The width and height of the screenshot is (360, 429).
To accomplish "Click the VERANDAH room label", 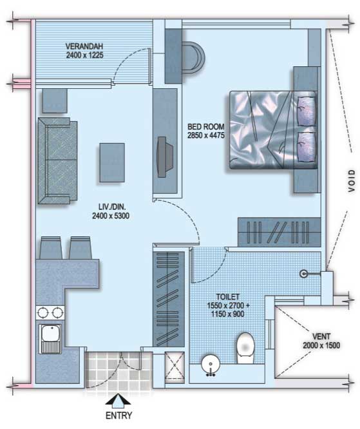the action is pos(84,46).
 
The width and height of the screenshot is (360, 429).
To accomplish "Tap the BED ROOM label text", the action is pos(205,127).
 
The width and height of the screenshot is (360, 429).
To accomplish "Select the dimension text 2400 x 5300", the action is pos(111,216).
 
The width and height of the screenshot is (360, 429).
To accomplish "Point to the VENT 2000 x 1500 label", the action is pos(321,341).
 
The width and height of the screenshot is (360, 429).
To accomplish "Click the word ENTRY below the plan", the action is pos(118,415).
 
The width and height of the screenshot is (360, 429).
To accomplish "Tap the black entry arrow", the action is pos(118,399).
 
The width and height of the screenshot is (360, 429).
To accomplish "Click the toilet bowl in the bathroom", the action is pos(245,348).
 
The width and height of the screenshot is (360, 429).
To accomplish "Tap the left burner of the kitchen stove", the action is pos(43,312).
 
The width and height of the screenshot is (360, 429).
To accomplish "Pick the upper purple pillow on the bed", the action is pos(306,111).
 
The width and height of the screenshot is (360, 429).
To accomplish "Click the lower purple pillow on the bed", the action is pos(306,147).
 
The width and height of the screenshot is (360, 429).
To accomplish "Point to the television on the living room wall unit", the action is pos(164,157).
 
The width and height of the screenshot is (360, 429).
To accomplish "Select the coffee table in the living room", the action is pos(112,162).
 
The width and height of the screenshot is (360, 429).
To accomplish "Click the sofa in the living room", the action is pos(57,160).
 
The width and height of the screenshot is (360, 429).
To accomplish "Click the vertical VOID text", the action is pos(352,180).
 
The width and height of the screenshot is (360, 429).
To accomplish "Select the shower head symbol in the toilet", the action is pos(303,274).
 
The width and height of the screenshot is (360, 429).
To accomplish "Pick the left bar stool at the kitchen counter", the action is pos(51,248).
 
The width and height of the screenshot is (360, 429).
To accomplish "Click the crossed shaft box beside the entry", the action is pos(175,367).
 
